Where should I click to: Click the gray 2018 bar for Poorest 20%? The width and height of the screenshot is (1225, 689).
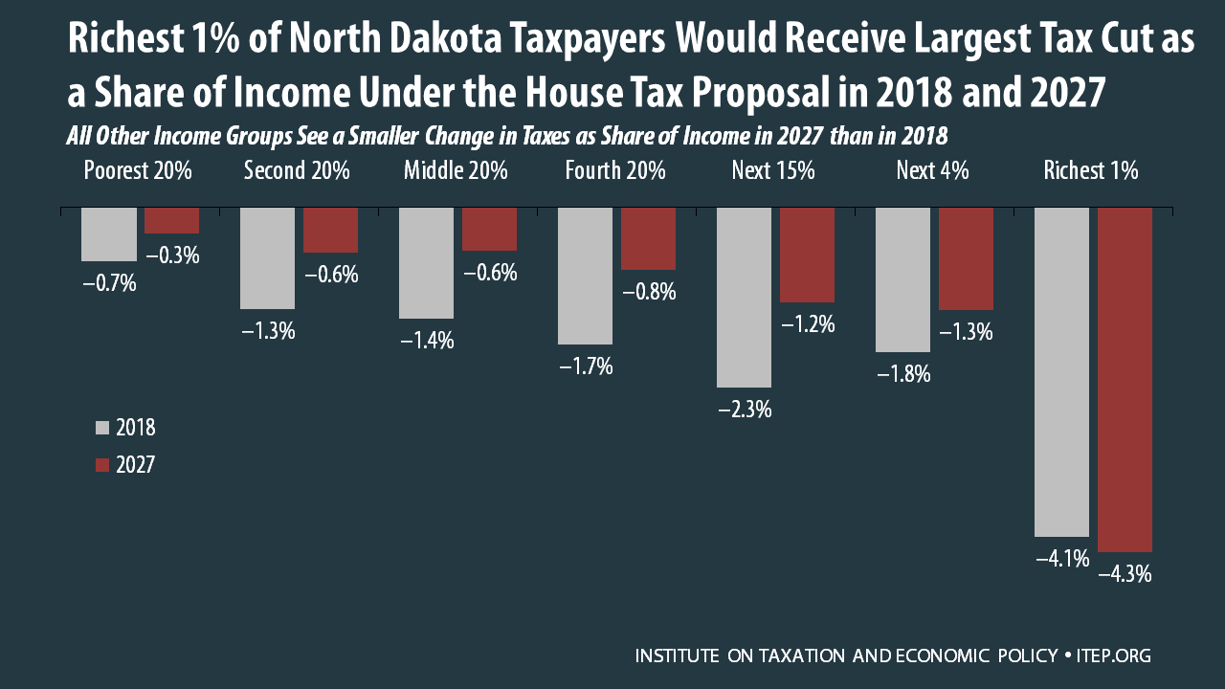point(108,233)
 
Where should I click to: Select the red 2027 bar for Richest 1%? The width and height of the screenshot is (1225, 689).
point(1125,379)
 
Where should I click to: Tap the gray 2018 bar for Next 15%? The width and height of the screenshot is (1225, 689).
point(744,297)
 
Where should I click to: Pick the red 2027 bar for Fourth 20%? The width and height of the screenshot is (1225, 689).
point(648,238)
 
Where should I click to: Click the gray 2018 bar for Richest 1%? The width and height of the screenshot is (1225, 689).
point(1061,371)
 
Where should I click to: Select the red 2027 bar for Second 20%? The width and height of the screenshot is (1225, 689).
point(330,230)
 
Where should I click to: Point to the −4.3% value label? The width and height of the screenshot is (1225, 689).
point(1125,576)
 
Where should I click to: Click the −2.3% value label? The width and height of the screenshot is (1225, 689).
point(744,410)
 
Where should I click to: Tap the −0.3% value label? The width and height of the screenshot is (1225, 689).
point(172,256)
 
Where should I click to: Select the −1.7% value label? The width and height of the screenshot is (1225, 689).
point(585,366)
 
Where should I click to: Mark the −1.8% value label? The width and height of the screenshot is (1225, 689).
point(902,375)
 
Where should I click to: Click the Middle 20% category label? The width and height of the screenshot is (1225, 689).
point(456,171)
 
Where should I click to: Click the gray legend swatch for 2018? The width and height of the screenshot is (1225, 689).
point(102,427)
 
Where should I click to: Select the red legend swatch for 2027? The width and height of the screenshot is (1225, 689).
point(102,465)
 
